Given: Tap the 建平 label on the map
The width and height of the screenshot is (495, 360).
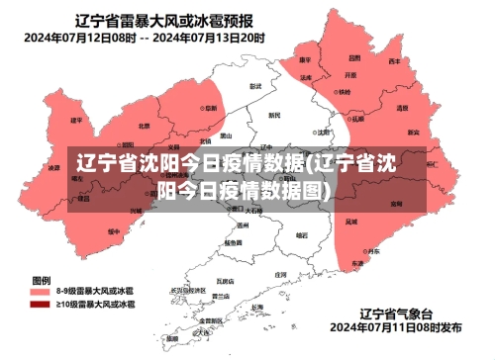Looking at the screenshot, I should [76, 121].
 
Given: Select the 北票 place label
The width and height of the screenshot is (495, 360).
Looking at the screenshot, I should [145, 126].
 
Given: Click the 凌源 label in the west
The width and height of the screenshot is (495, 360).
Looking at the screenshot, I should [54, 168].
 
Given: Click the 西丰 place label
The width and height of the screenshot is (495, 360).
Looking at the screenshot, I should [394, 61].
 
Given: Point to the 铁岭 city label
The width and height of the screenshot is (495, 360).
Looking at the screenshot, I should [344, 92].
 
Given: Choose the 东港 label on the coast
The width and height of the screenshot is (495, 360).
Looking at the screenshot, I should [356, 264].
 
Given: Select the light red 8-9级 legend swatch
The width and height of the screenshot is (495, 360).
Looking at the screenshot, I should [41, 293].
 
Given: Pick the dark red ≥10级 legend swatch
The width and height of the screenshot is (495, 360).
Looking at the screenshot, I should [41, 306].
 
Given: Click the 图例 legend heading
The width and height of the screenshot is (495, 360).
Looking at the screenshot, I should [42, 279].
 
